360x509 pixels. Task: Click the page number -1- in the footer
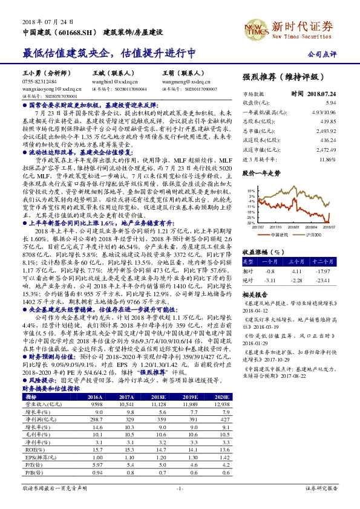(x=180, y=487)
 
